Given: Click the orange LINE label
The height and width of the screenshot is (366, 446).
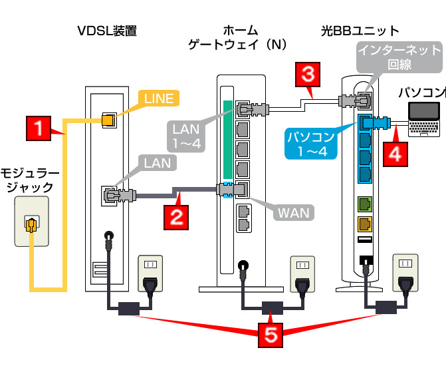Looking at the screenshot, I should [x=158, y=99].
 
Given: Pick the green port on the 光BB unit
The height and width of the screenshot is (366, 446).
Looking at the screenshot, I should [x=364, y=203].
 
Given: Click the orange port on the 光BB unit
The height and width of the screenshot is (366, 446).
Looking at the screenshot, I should [x=364, y=223].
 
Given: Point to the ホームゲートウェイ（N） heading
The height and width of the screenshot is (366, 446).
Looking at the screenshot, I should [x=237, y=37].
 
